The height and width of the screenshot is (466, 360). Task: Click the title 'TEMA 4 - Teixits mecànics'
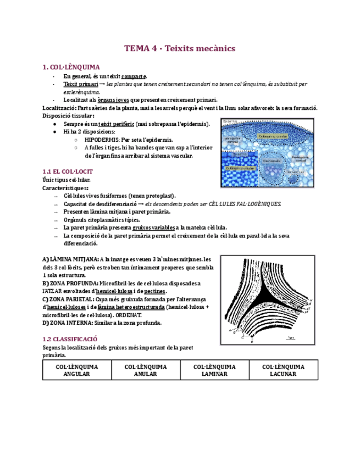[180, 48]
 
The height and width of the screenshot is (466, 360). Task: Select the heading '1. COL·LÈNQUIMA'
[69, 67]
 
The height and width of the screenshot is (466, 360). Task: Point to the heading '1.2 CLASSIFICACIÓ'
[70, 340]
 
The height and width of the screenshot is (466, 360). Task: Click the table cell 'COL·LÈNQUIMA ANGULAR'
[77, 370]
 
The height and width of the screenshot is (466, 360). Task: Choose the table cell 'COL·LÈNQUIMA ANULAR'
[146, 370]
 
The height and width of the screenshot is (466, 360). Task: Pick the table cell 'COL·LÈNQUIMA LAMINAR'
[214, 370]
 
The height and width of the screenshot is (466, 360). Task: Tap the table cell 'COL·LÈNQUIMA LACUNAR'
[283, 370]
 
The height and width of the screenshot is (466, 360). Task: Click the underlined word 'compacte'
[134, 76]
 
